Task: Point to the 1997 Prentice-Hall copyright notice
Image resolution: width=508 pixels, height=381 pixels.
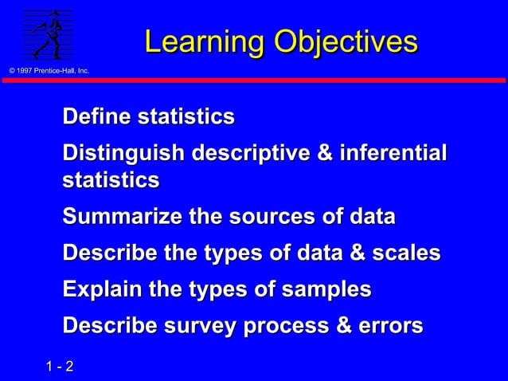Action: pos(49,72)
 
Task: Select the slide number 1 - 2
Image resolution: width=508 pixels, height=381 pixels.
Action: pos(60,367)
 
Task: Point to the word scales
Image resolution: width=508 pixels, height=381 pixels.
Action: pos(407,253)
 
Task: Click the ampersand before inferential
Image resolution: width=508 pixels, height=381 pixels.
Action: pos(325,152)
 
